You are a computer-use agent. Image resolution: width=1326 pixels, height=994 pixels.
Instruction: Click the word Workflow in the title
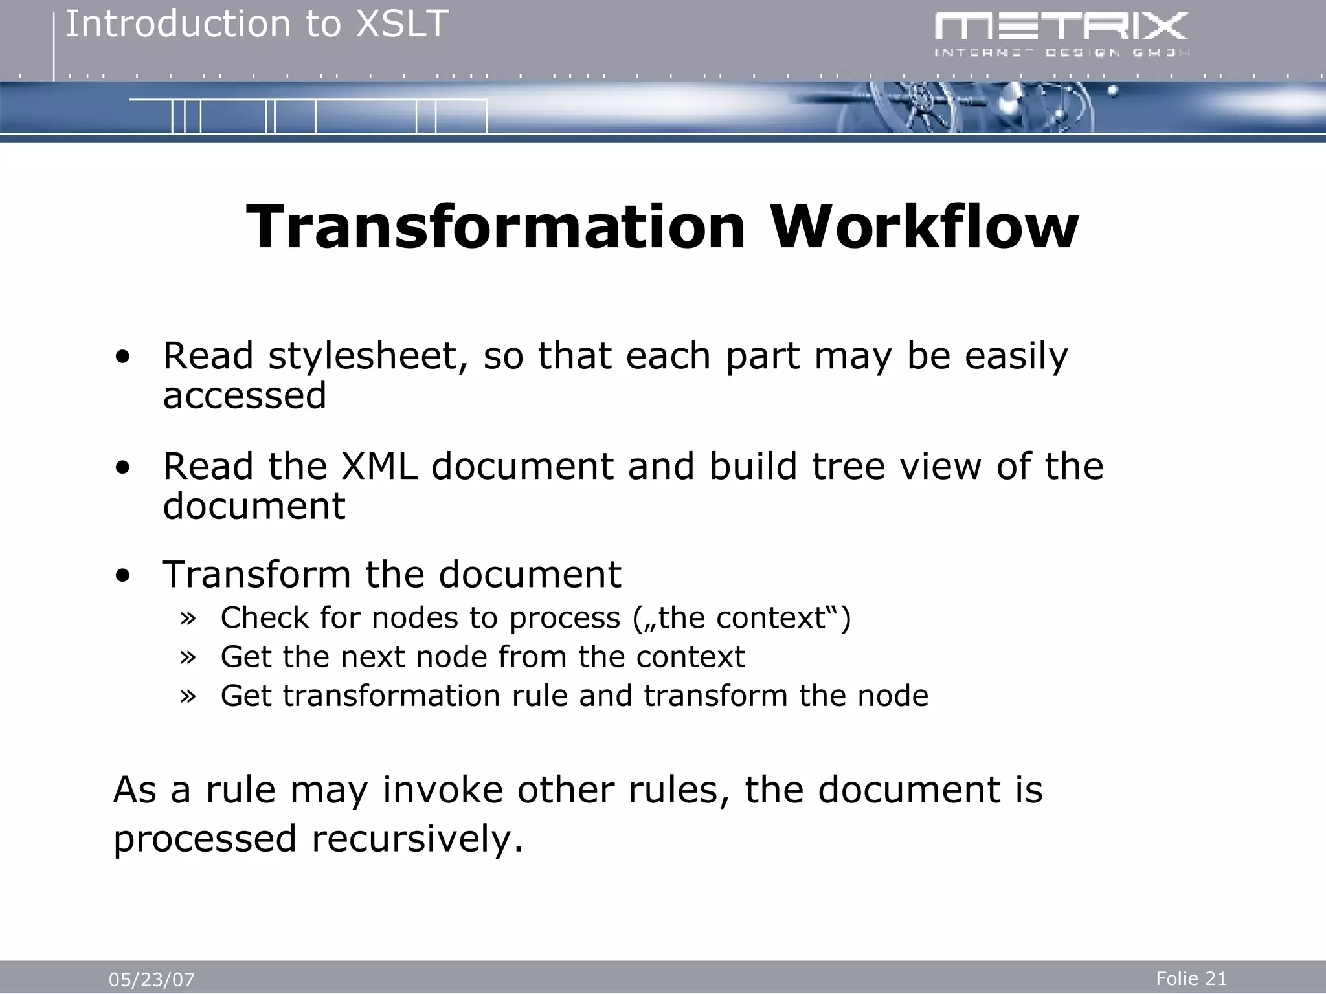924,228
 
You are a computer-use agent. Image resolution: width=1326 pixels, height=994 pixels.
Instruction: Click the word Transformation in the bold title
496,228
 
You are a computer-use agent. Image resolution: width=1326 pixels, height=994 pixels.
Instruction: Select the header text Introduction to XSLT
257,25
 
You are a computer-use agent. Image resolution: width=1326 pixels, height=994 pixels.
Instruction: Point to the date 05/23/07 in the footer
152,980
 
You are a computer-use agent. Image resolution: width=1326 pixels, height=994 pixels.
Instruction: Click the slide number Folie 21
1191,978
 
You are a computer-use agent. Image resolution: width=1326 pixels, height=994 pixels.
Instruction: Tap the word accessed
245,396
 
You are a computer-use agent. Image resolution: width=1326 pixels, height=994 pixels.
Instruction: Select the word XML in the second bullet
379,467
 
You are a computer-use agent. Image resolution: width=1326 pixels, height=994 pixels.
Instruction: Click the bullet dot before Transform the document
122,575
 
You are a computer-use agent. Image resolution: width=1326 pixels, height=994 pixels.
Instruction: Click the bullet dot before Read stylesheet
122,357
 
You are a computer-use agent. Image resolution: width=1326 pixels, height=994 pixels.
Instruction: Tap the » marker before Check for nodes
188,619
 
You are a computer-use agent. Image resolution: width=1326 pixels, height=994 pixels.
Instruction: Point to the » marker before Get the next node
188,657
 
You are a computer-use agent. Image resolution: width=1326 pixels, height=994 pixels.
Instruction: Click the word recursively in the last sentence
418,839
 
